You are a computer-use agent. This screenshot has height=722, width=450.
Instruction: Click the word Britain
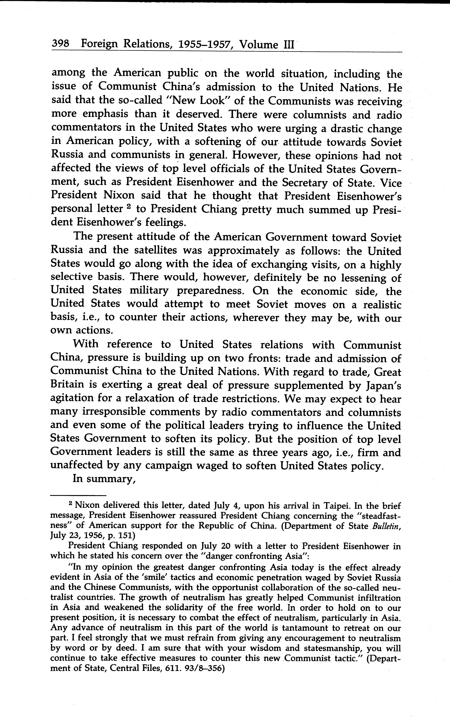[x=68, y=385]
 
